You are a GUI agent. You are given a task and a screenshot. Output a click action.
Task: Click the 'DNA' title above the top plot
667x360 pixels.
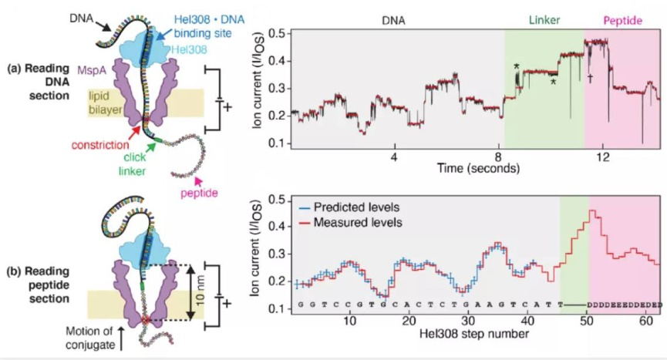point(395,22)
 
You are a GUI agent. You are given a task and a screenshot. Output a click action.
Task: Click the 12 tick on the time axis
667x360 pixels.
point(604,156)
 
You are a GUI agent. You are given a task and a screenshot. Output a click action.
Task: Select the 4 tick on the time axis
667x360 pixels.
point(394,156)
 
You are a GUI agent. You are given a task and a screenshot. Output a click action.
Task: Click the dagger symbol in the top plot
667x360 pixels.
point(590,77)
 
